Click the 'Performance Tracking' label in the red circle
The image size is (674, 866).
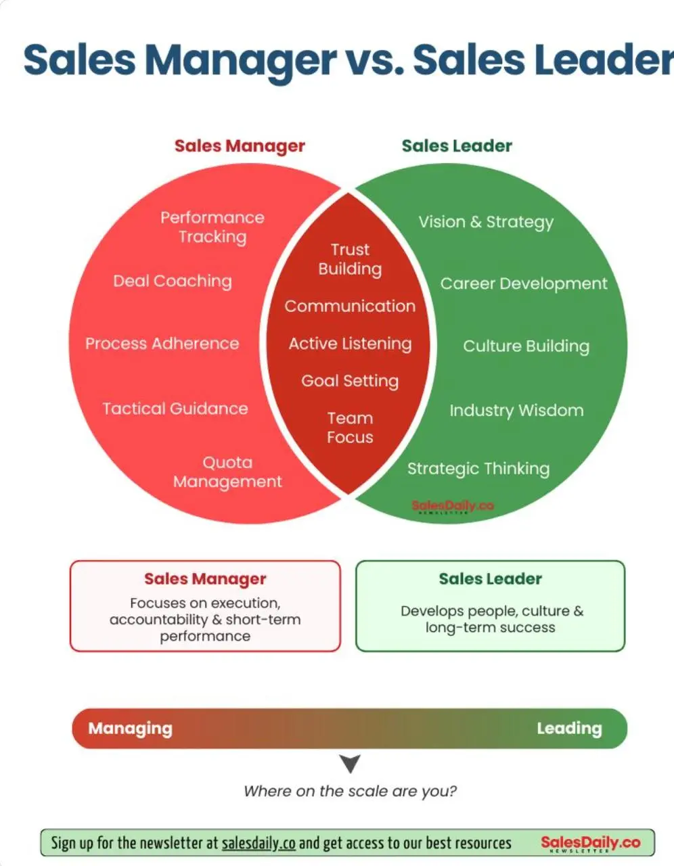[x=212, y=227]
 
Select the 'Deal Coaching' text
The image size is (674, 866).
[x=173, y=281]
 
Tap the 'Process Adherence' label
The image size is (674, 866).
[x=162, y=344]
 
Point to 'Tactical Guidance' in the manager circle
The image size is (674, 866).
[x=175, y=409]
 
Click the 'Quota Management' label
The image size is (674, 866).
[x=227, y=472]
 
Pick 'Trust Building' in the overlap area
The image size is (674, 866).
[x=351, y=259]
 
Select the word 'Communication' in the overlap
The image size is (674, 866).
[x=350, y=306]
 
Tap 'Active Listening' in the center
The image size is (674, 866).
[x=350, y=344]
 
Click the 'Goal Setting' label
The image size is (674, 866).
[x=350, y=382]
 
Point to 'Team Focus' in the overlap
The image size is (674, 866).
[x=350, y=428]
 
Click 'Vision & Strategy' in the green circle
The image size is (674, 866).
[x=487, y=223]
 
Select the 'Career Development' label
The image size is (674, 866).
[x=524, y=284]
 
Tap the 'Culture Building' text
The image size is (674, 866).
[x=526, y=346]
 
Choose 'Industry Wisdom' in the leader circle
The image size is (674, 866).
[x=516, y=411]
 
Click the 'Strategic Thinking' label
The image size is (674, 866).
[x=478, y=469]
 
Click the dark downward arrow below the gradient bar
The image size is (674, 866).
[x=351, y=763]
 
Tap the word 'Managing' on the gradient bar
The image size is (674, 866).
[x=131, y=729]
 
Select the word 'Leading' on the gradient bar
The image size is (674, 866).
[x=569, y=729]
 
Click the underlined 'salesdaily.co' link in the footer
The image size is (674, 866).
[x=259, y=843]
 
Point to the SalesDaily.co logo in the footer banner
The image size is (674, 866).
[x=590, y=843]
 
